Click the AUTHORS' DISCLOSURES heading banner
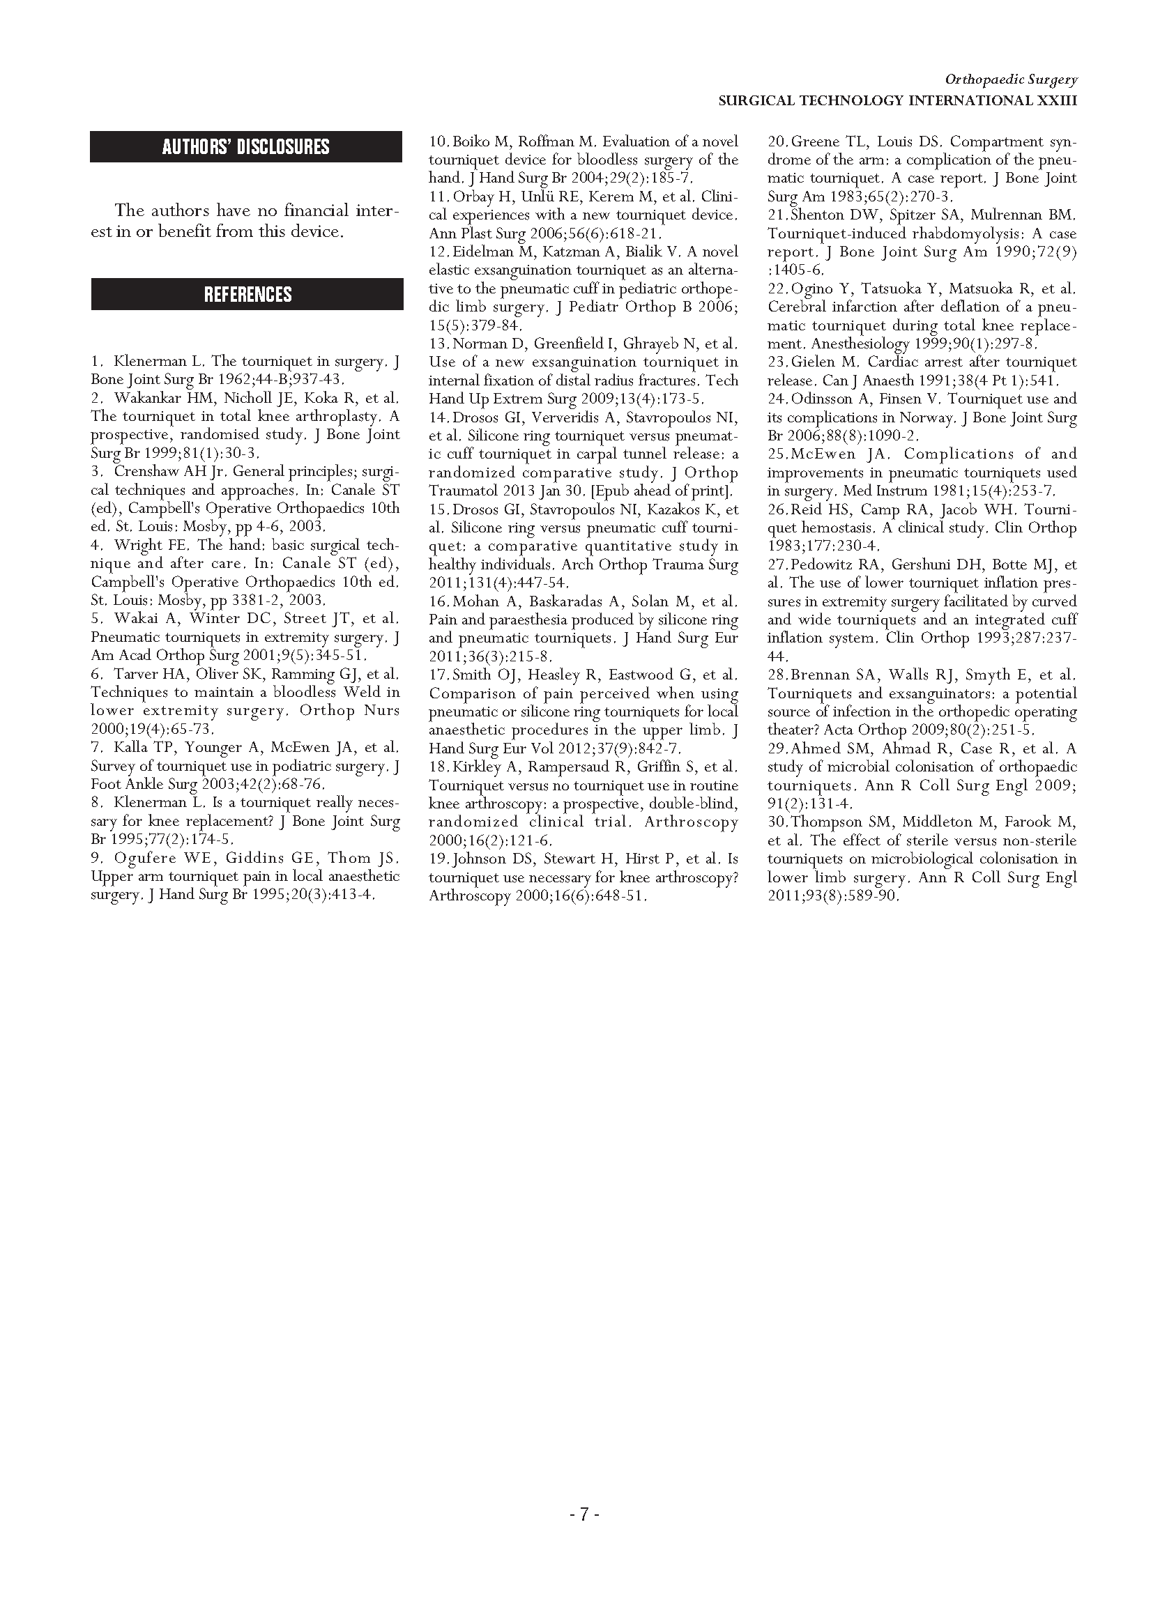(x=246, y=147)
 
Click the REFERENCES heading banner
(x=247, y=295)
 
